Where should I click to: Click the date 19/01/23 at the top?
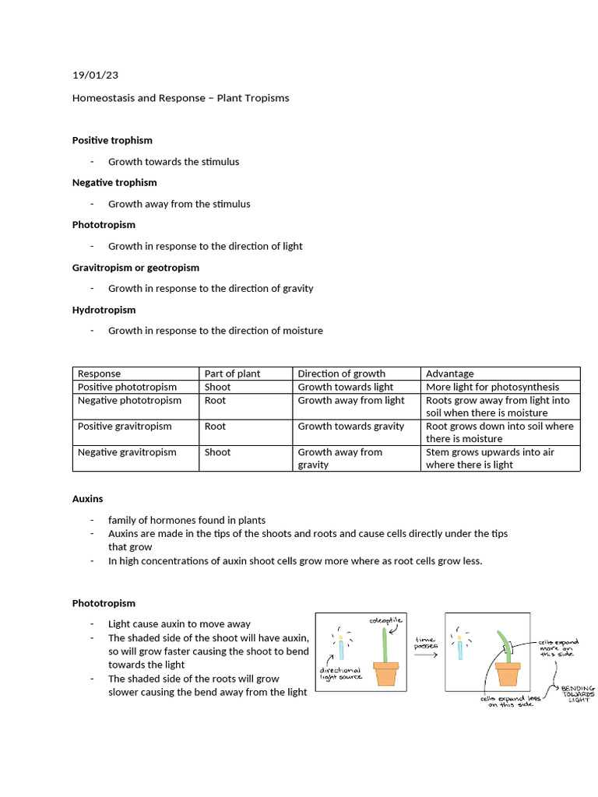point(95,75)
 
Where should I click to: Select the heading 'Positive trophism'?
point(112,140)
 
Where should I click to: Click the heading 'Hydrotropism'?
point(104,309)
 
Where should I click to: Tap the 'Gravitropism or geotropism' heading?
point(135,267)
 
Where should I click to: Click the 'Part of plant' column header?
point(232,374)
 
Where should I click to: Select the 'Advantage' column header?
point(450,374)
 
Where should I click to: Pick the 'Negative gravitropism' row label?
point(127,452)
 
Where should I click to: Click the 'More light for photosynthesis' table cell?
point(492,387)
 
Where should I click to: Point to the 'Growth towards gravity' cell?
point(350,426)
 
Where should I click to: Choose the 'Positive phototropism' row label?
point(127,387)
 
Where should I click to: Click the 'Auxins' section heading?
point(87,498)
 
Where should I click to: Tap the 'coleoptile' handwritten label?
point(385,620)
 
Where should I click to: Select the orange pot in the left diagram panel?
point(385,673)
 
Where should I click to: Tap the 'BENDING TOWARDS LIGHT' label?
point(577,694)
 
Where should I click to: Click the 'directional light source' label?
point(340,674)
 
